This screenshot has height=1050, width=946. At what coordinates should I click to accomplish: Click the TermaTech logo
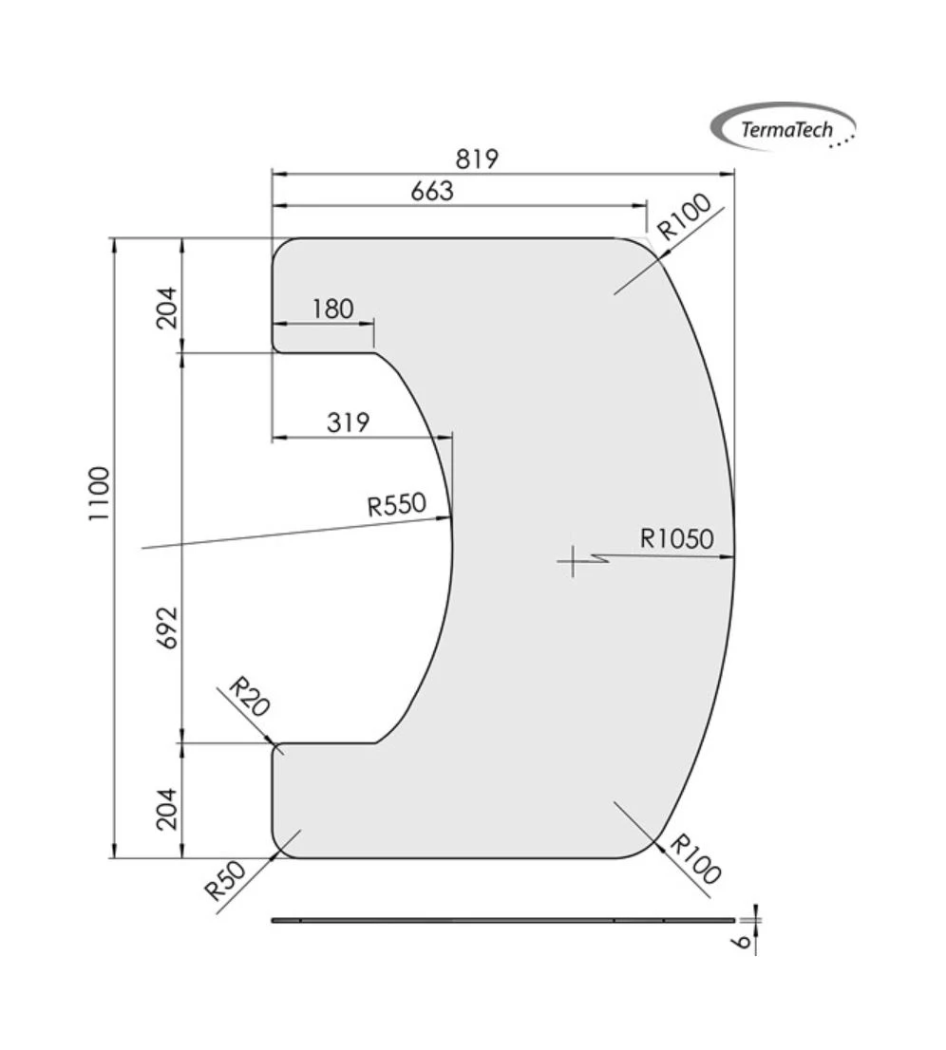[x=784, y=127]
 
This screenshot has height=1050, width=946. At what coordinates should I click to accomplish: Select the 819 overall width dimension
[x=476, y=158]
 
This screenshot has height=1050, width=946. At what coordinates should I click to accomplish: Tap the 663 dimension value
[x=432, y=191]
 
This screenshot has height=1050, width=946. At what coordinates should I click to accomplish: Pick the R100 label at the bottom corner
[x=695, y=859]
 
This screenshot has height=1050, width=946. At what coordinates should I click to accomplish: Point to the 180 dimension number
[x=331, y=309]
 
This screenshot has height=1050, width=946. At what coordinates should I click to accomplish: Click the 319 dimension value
[x=348, y=422]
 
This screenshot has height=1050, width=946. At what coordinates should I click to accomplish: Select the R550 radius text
[x=397, y=504]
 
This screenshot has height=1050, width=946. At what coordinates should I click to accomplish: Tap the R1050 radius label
[x=675, y=539]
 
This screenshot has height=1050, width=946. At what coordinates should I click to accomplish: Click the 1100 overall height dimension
[x=99, y=493]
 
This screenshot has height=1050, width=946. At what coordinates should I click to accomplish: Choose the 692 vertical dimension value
[x=167, y=627]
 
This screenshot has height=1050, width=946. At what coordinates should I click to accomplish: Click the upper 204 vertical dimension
[x=167, y=307]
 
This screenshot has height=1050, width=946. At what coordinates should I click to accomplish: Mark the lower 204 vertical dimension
[x=167, y=808]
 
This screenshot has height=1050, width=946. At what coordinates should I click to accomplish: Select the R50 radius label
[x=225, y=881]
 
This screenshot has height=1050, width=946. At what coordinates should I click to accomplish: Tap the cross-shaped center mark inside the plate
[x=573, y=561]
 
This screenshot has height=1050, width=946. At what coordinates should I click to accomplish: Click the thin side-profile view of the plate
[x=503, y=920]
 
